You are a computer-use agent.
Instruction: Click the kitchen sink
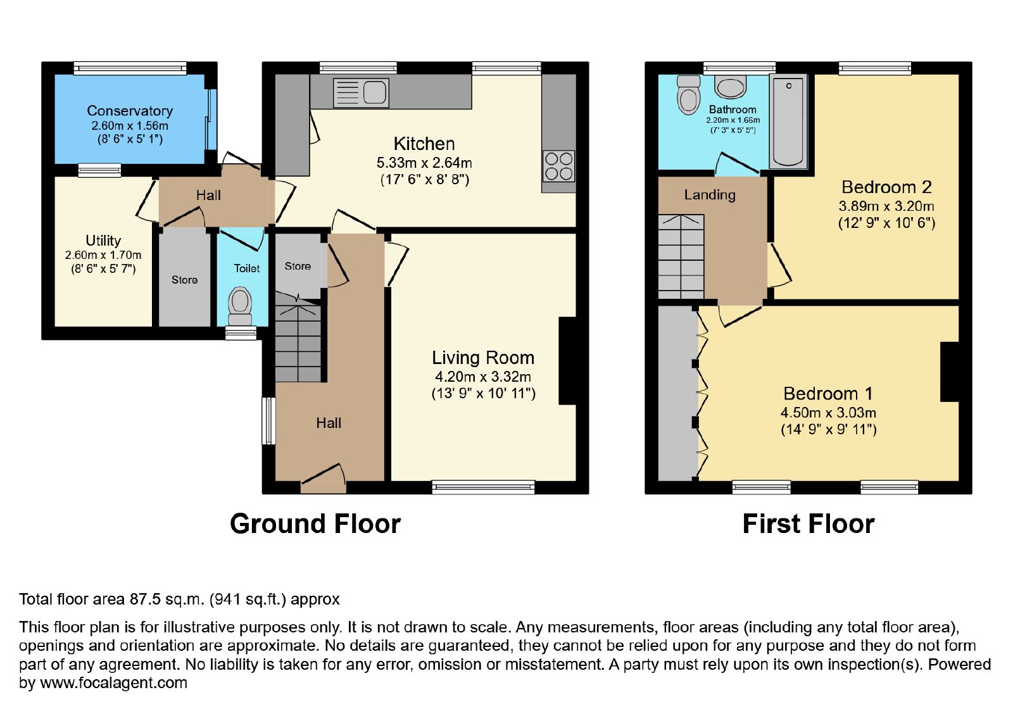[361, 92]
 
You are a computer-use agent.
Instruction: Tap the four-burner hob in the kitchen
[559, 166]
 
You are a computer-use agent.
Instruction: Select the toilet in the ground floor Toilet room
[240, 306]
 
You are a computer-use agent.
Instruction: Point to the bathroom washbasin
[731, 87]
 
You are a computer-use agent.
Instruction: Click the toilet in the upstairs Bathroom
[688, 94]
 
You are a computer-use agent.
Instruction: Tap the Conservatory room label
[130, 111]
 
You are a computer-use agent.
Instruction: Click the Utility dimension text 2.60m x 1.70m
[103, 255]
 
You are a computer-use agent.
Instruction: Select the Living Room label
[483, 358]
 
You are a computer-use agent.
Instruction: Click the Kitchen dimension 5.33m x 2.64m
[424, 162]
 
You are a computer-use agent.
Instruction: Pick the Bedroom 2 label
[886, 187]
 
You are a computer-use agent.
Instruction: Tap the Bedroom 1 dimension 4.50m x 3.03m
[829, 412]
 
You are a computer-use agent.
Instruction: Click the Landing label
[710, 195]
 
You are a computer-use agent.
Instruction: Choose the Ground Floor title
[315, 524]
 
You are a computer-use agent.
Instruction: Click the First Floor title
[809, 524]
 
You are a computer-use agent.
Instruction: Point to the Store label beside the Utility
[184, 280]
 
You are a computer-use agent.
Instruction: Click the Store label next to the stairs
[298, 267]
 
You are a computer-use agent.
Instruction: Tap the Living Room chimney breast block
[568, 361]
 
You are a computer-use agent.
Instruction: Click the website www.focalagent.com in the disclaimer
[113, 683]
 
